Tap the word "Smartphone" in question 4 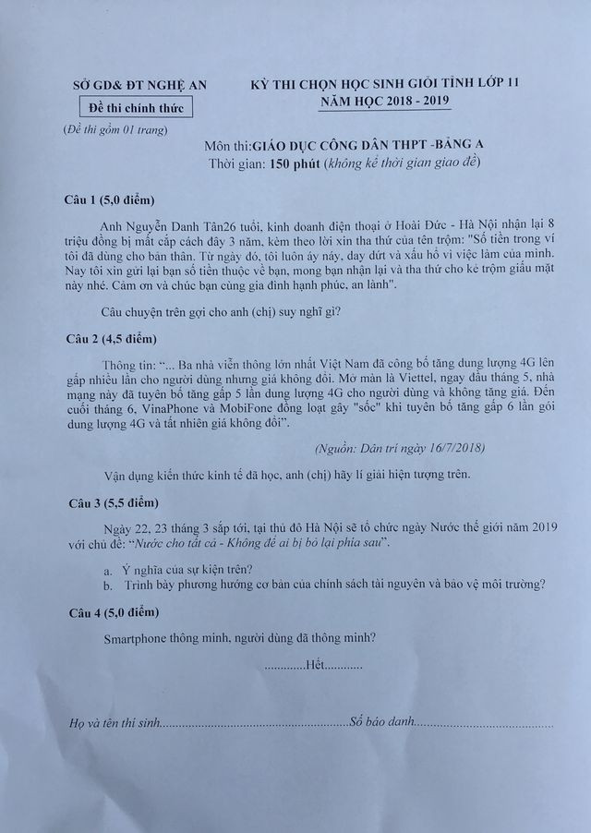(142, 637)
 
